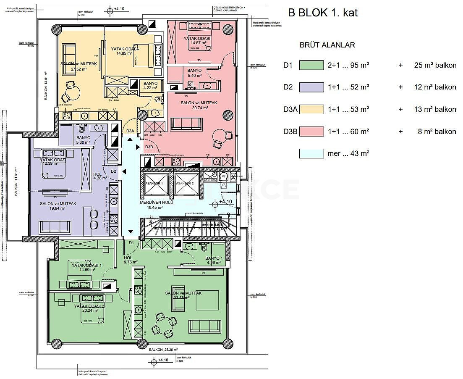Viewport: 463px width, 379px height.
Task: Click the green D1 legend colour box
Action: point(311,65)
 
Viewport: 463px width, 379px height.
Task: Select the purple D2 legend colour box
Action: point(311,87)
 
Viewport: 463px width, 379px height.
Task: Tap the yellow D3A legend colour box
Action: point(311,109)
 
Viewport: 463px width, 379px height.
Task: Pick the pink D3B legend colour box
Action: point(311,132)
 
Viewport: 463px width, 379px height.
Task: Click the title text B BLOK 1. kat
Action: point(322,13)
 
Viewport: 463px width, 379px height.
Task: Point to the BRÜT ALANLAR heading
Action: point(327,45)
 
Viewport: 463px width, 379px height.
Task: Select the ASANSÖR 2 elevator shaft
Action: point(186,184)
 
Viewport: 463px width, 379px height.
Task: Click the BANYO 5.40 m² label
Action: point(194,73)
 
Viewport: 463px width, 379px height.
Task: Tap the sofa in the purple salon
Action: point(56,227)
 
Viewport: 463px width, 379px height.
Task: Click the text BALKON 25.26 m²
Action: point(163,349)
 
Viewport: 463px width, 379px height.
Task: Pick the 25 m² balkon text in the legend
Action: point(432,65)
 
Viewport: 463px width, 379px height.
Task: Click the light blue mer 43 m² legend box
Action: point(311,153)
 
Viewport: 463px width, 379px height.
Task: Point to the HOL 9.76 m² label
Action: point(128,260)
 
